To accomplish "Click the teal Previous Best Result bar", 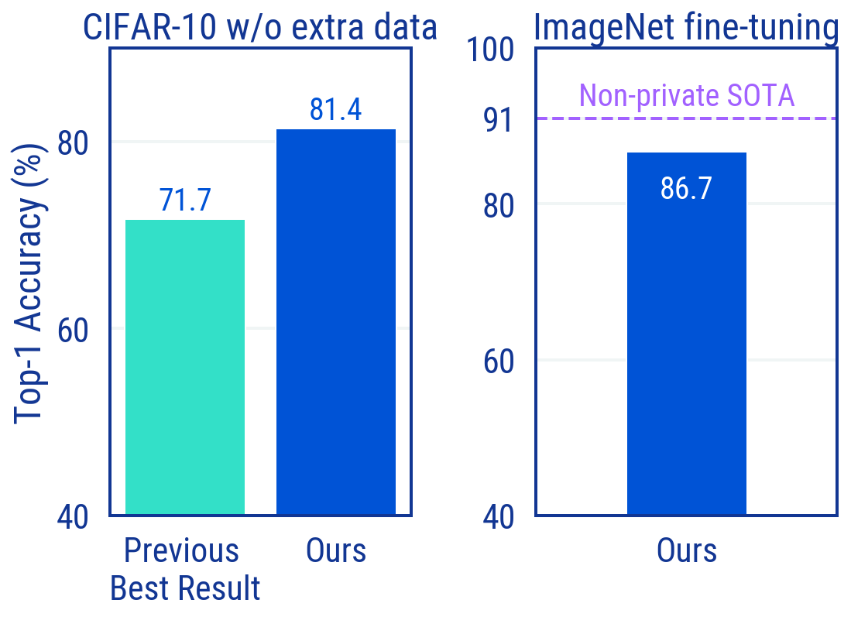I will click(x=185, y=367).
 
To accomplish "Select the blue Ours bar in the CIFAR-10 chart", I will click(x=336, y=321).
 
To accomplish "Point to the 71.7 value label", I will click(x=185, y=200).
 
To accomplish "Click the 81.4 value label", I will click(x=336, y=109).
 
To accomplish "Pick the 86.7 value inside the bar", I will click(x=686, y=188).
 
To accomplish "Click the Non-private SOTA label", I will click(x=687, y=95).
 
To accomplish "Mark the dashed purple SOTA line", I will click(x=588, y=118).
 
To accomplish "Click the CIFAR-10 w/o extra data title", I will click(x=260, y=28).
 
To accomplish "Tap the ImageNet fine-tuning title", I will click(x=686, y=28).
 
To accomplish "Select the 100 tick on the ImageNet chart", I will click(x=490, y=50).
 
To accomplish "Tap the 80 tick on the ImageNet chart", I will click(x=499, y=205).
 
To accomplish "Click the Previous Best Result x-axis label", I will click(x=184, y=570).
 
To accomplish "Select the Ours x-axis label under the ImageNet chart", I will click(x=687, y=551).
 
